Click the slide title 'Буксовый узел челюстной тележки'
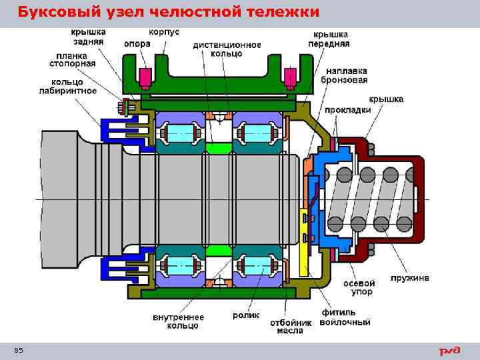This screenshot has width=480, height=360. pyautogui.click(x=168, y=12)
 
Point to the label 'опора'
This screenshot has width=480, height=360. pyautogui.click(x=137, y=44)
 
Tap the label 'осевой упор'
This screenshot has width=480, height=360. pyautogui.click(x=359, y=287)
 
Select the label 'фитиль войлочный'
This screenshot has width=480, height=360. pyautogui.click(x=345, y=317)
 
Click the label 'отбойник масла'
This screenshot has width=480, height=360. pyautogui.click(x=291, y=326)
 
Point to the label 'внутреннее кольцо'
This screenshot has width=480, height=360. pyautogui.click(x=176, y=321)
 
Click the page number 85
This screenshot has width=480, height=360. pyautogui.click(x=18, y=351)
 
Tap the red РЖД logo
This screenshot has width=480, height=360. pyautogui.click(x=448, y=351)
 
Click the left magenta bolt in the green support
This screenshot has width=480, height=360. pyautogui.click(x=144, y=78)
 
